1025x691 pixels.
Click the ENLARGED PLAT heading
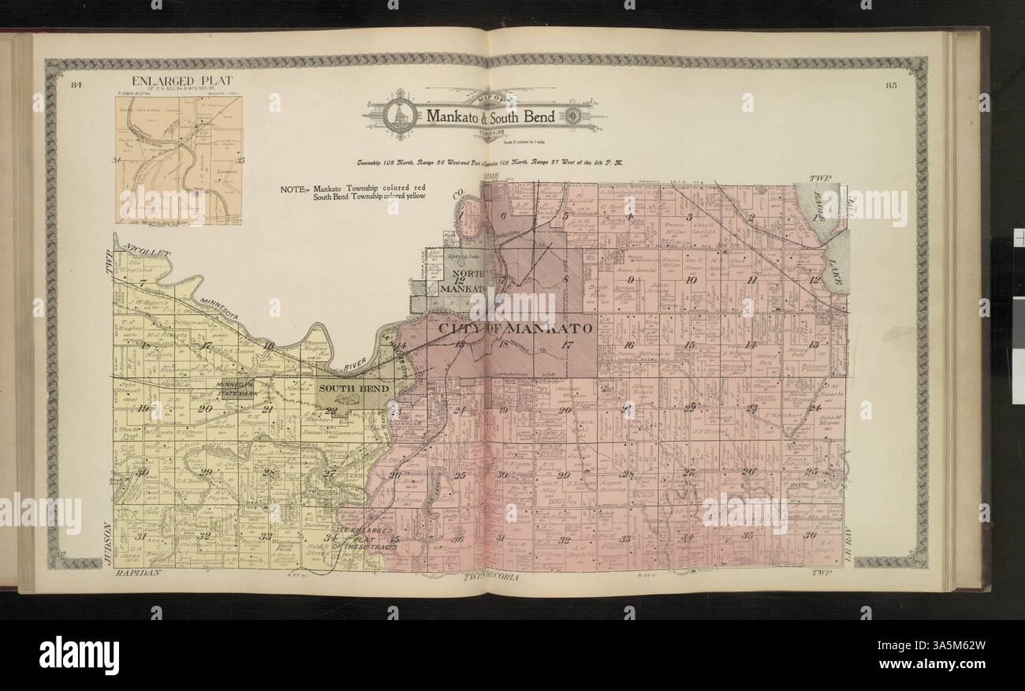(x=182, y=80)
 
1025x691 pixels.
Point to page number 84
(x=76, y=84)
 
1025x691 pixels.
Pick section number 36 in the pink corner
(x=809, y=536)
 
